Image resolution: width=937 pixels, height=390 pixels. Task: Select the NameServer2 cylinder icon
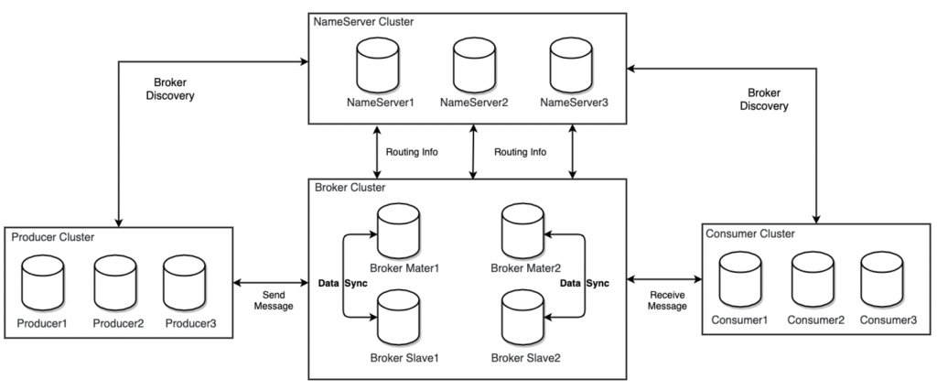pos(474,65)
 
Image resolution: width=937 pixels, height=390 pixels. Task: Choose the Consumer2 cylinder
pos(813,278)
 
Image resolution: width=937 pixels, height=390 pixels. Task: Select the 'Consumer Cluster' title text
pos(750,233)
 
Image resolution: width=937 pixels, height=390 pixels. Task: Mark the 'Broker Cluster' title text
pos(350,187)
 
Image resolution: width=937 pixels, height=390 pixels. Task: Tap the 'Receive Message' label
pos(666,302)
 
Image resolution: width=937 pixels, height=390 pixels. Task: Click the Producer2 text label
pos(116,323)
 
